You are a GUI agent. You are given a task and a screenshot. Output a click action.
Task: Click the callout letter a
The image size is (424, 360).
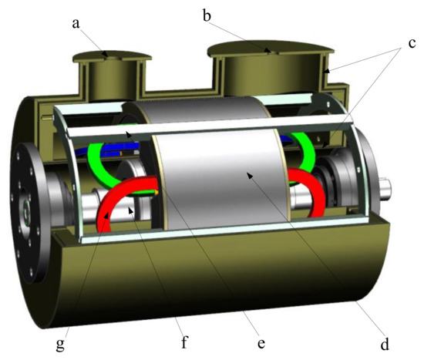tap(76, 24)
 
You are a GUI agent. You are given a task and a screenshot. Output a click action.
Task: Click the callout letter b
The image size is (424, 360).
tap(207, 15)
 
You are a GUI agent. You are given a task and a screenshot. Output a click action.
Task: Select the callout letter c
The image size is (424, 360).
tap(412, 43)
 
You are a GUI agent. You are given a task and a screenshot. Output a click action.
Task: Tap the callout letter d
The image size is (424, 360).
tap(385, 344)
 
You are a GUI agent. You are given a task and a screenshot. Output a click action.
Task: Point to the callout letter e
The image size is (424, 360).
tap(261, 344)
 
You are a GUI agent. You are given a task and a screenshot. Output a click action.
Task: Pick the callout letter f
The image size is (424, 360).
tap(184, 341)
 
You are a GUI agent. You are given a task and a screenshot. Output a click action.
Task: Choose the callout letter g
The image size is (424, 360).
tap(60, 345)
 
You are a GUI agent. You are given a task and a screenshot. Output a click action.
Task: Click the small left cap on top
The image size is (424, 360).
tap(113, 55)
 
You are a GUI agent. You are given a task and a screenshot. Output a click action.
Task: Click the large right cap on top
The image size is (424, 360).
tap(271, 48)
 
